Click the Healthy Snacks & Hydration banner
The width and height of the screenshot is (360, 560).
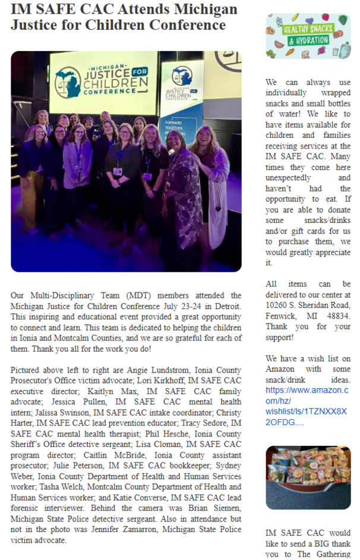(x=308, y=36)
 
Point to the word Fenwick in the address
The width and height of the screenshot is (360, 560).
(x=282, y=316)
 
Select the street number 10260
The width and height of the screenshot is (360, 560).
(x=277, y=305)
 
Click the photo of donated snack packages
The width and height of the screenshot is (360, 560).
(x=308, y=477)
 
